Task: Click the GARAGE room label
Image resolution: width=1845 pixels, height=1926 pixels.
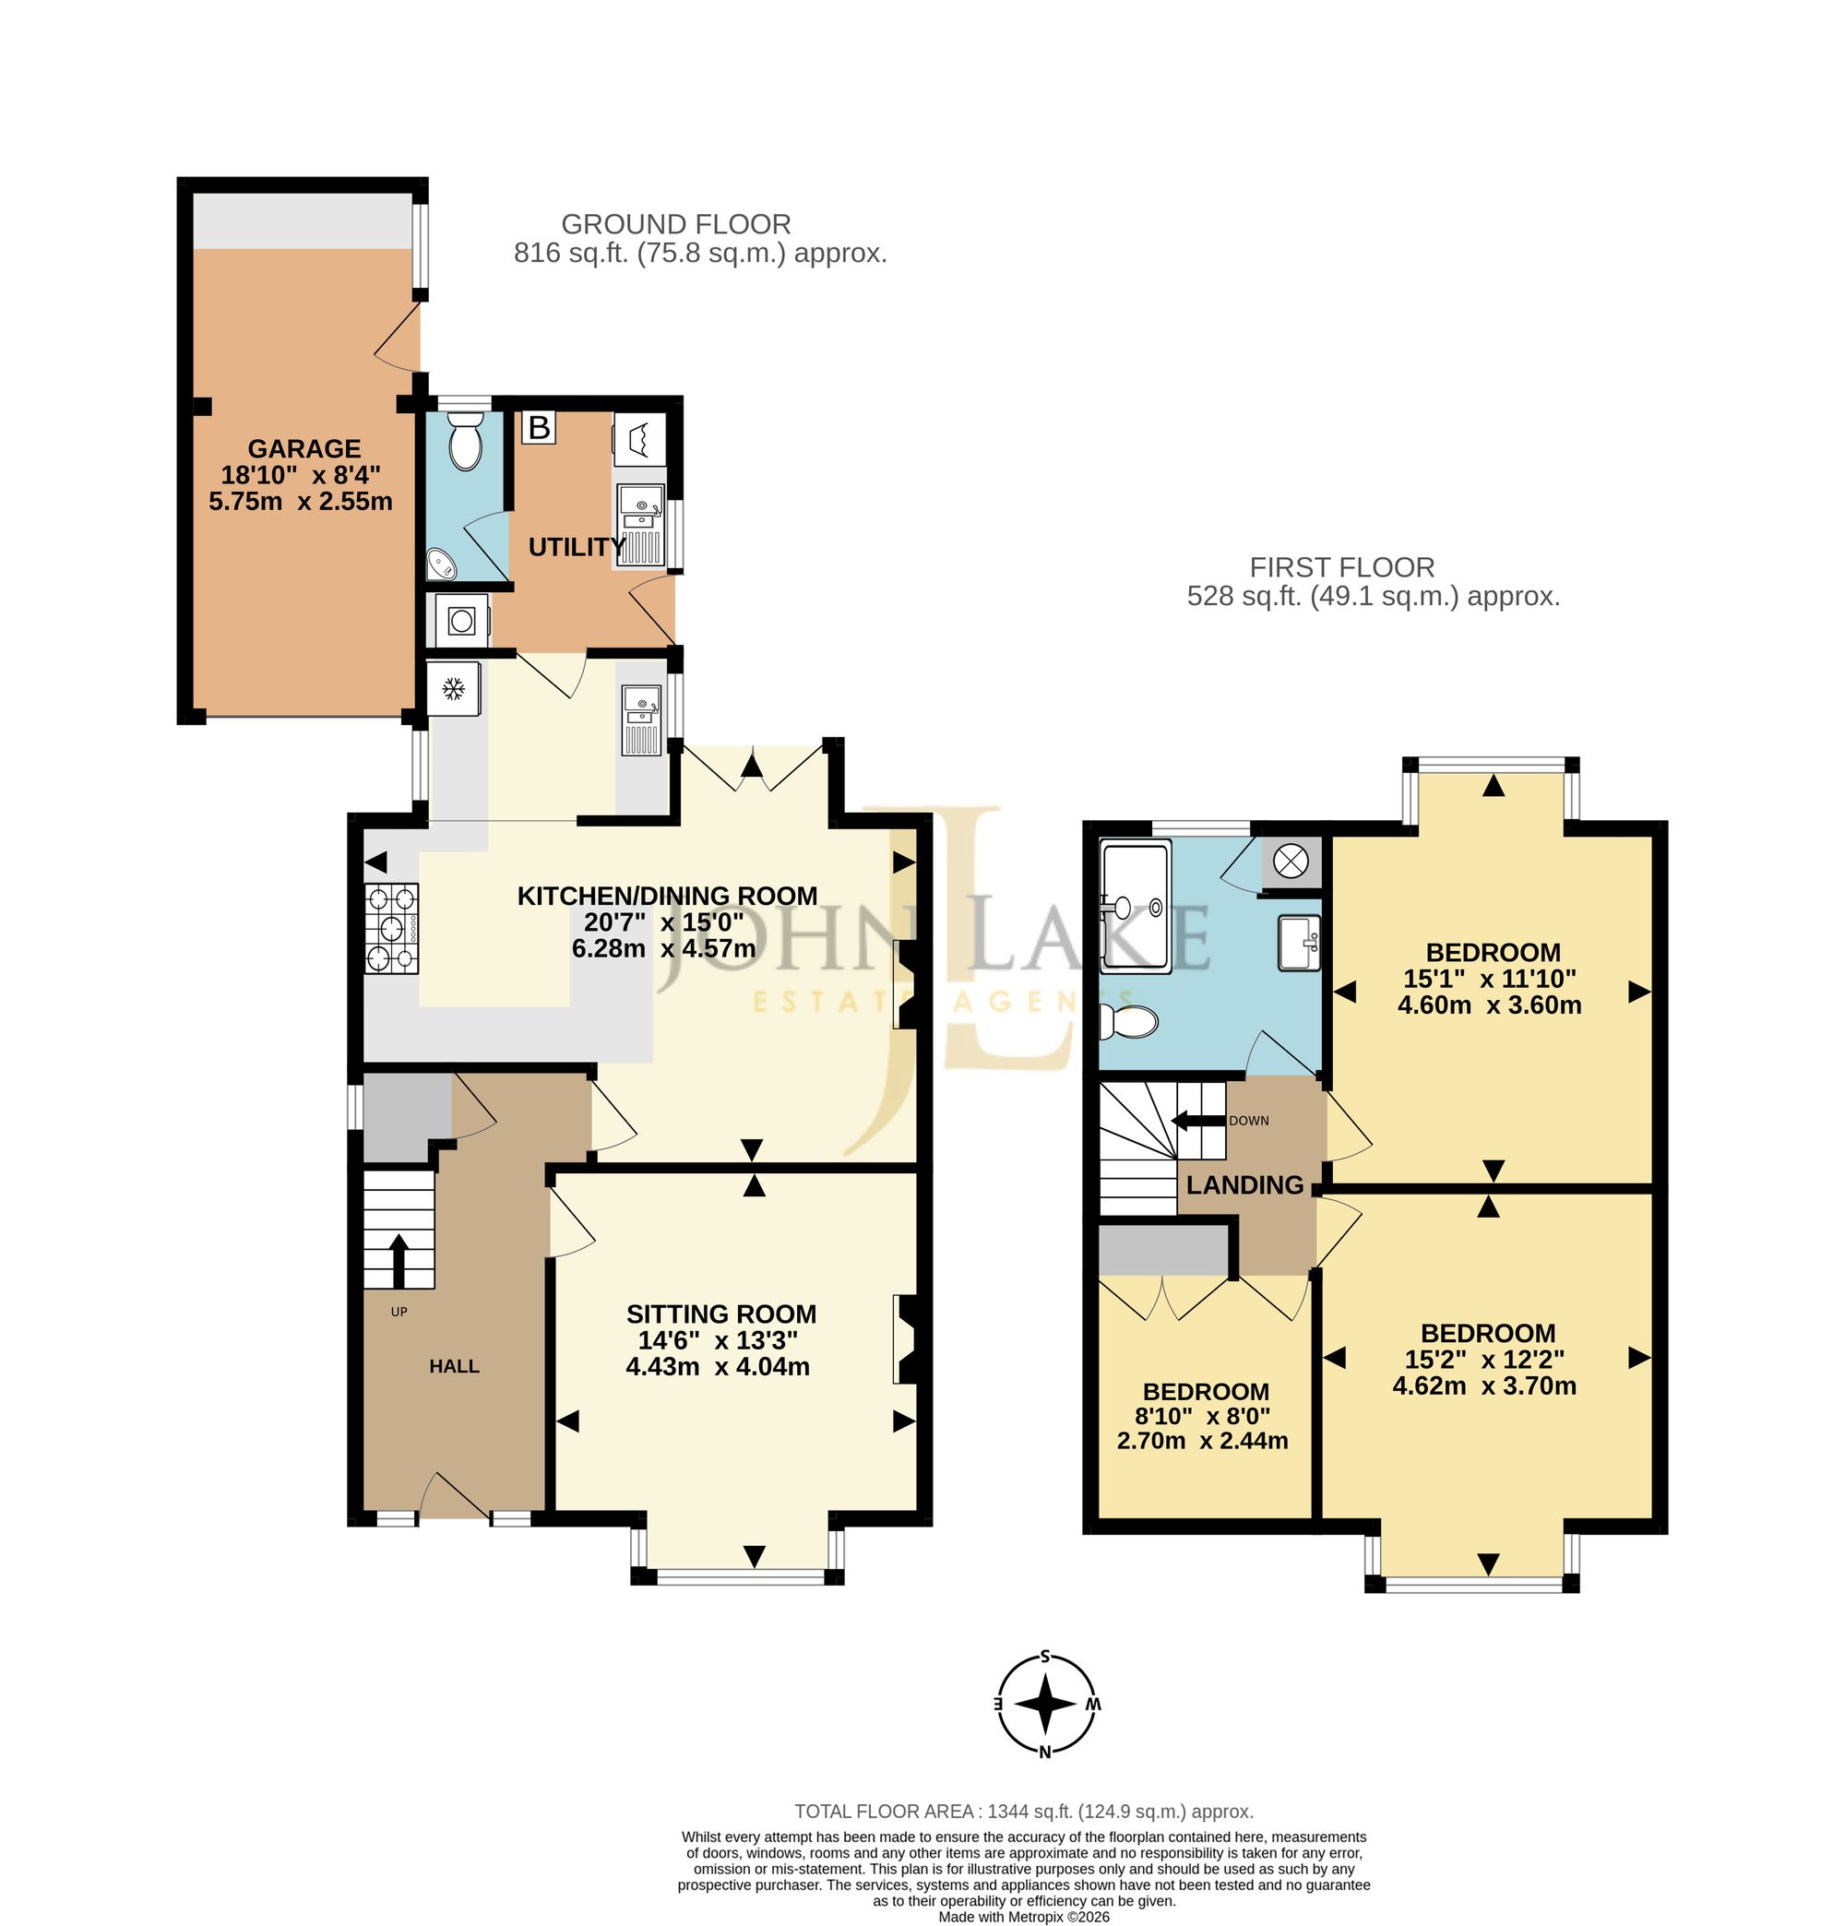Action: tap(304, 448)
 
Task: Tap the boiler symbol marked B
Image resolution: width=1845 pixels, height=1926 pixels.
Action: tap(539, 427)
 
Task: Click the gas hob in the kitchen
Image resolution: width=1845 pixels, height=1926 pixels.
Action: tap(391, 928)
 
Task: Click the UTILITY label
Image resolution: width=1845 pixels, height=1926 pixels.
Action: tap(576, 546)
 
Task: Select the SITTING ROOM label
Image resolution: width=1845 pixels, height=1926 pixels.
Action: tap(720, 1314)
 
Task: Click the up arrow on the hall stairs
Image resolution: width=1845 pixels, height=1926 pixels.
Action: tap(399, 1261)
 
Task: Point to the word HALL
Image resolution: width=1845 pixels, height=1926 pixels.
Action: tap(453, 1366)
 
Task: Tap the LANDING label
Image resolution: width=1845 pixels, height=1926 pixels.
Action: tap(1244, 1185)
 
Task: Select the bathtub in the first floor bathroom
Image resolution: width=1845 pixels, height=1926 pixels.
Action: tap(1136, 906)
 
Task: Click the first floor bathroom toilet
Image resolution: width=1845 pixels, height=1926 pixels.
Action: tap(1128, 1022)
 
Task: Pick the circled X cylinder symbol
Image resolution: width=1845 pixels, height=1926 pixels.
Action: tap(1290, 861)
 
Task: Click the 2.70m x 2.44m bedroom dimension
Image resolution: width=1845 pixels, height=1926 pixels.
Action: tap(1201, 1441)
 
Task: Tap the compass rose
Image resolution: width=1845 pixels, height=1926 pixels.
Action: tap(1045, 1704)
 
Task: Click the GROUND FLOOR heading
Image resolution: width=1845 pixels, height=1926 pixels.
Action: tap(675, 224)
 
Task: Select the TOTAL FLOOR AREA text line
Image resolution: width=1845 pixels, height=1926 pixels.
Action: tap(1023, 1811)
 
